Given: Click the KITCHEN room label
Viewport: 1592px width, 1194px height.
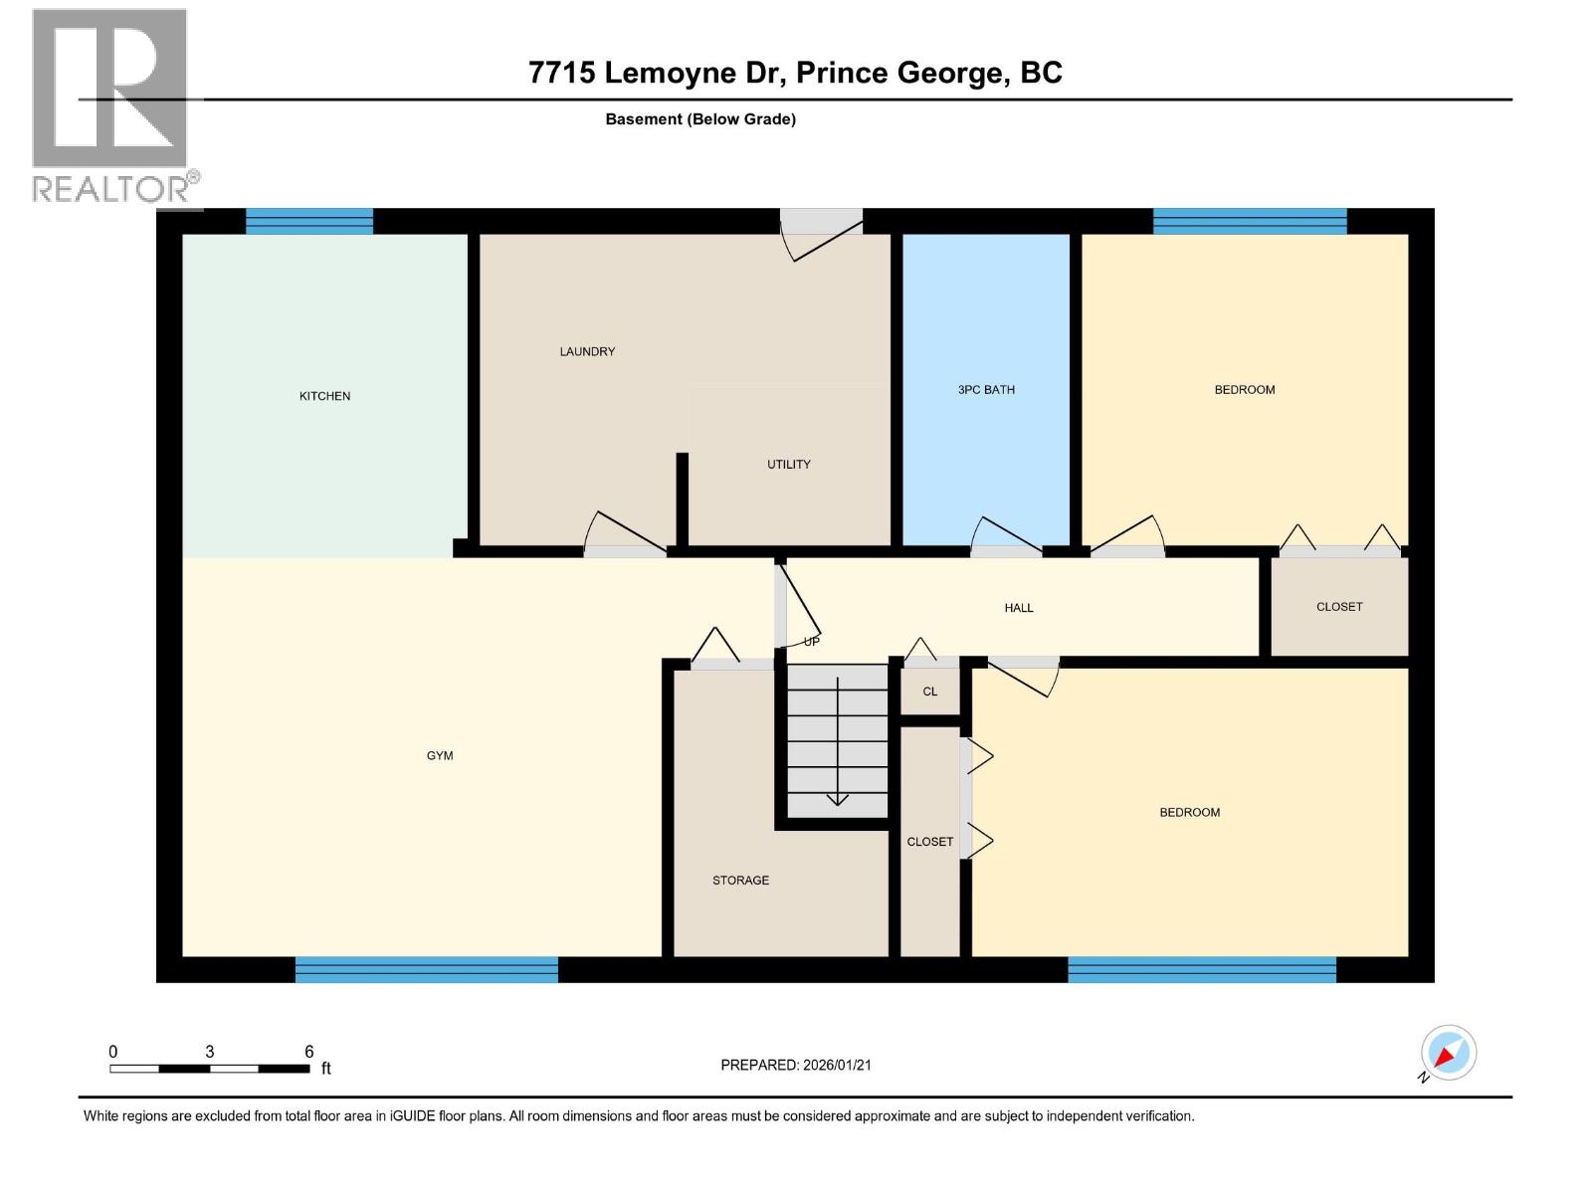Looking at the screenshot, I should tap(324, 396).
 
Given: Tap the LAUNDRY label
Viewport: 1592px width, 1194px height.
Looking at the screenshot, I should tap(587, 351).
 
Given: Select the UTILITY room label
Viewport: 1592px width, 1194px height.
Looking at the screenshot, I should tap(788, 465).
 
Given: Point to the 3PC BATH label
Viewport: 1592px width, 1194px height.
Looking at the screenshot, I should tap(986, 390).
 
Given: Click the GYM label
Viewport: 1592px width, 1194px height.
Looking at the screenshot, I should tap(440, 756).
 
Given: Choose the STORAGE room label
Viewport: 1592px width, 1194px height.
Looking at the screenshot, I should tap(740, 881).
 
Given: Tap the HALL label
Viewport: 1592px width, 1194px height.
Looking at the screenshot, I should tap(1018, 608).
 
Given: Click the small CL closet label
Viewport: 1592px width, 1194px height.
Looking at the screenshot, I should tap(929, 692).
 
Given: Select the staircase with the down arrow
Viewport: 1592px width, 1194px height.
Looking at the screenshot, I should tap(837, 741).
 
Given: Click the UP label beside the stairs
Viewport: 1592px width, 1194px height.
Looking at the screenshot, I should tap(811, 643).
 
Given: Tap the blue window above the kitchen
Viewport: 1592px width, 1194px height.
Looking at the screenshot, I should tap(308, 221).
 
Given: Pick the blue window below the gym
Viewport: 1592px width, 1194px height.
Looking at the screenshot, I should tap(426, 969).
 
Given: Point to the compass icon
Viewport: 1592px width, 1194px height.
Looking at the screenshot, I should tap(1448, 1053).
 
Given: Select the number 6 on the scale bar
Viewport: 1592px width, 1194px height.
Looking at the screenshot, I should tap(309, 1052).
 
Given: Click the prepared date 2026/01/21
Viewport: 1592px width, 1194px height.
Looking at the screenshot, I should tap(836, 1065).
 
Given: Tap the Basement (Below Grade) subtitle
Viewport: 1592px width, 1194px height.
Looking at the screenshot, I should tap(699, 119).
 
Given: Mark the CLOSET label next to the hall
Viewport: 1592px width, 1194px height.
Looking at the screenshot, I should tap(1338, 607).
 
